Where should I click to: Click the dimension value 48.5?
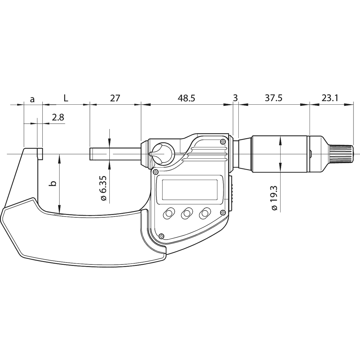[x=187, y=98]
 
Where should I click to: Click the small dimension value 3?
[x=235, y=98]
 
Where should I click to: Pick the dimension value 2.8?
[x=58, y=118]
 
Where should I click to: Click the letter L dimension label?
[x=66, y=98]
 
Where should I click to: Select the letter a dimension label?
[x=33, y=99]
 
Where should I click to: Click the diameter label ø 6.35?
[x=103, y=189]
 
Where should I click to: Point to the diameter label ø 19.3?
[x=274, y=198]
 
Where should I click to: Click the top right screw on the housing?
[x=223, y=141]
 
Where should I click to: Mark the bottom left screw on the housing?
[x=161, y=236]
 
